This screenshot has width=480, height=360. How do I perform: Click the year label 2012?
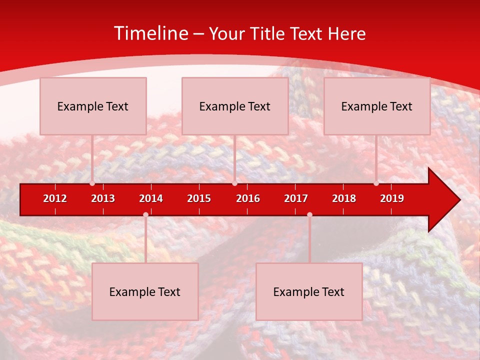pyautogui.click(x=55, y=198)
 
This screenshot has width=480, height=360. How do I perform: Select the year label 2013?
pyautogui.click(x=103, y=198)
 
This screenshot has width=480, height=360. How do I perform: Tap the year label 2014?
pyautogui.click(x=151, y=198)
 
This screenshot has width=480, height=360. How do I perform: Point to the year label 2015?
pyautogui.click(x=199, y=198)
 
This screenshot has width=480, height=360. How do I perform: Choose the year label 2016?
pyautogui.click(x=248, y=198)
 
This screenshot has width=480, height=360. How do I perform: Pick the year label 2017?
pyautogui.click(x=296, y=198)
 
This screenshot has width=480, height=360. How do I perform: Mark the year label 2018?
pyautogui.click(x=344, y=198)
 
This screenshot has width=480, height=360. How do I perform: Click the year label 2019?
pyautogui.click(x=392, y=198)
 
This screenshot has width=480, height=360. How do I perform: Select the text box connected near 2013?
pyautogui.click(x=93, y=106)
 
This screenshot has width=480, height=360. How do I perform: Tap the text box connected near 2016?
pyautogui.click(x=235, y=106)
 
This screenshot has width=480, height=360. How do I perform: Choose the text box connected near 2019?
pyautogui.click(x=377, y=106)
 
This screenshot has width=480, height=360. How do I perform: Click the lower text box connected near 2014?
pyautogui.click(x=145, y=291)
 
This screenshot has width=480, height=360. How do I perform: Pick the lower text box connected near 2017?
pyautogui.click(x=309, y=291)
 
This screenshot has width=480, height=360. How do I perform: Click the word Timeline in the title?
pyautogui.click(x=150, y=33)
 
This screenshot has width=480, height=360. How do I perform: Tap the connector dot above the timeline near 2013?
pyautogui.click(x=92, y=183)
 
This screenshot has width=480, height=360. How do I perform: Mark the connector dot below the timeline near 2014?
pyautogui.click(x=145, y=214)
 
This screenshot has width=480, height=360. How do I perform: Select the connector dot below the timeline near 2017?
pyautogui.click(x=309, y=214)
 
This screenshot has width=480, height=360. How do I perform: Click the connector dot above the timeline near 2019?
pyautogui.click(x=376, y=183)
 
